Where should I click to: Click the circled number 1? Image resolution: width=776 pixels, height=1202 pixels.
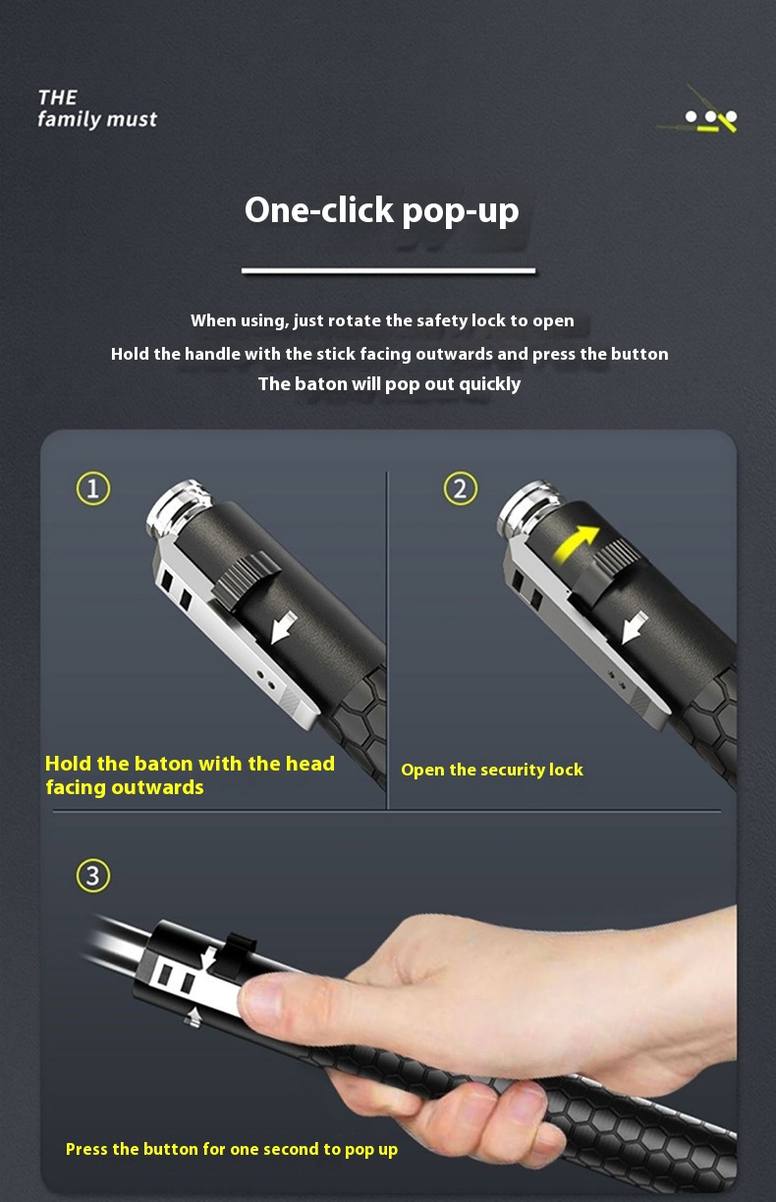click(92, 488)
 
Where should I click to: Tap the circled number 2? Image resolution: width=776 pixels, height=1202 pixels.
click(460, 488)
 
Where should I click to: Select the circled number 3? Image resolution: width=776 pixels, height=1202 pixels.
click(92, 876)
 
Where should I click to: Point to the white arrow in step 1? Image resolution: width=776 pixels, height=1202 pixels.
click(283, 627)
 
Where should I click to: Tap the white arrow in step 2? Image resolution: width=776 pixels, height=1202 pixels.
click(635, 627)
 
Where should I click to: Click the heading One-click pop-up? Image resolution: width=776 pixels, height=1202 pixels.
click(382, 210)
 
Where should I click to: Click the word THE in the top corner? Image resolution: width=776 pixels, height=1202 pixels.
click(57, 97)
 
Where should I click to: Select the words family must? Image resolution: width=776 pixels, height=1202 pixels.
click(97, 119)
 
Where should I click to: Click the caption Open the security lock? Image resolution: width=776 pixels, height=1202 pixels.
click(492, 770)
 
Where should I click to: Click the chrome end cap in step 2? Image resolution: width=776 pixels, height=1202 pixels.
click(528, 507)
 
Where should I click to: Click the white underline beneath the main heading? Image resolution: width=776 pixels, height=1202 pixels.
click(388, 271)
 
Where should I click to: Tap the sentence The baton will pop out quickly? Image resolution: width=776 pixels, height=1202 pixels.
click(389, 384)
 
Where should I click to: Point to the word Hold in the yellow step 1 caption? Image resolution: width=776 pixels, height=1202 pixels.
click(68, 763)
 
